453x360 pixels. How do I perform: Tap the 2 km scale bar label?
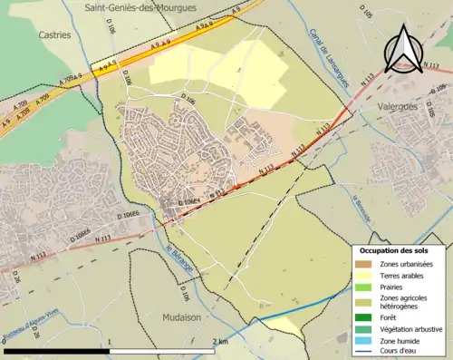pos(219,342)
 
